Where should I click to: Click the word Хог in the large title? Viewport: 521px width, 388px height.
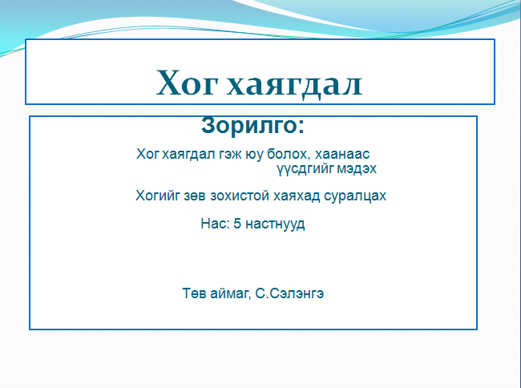[x=187, y=83]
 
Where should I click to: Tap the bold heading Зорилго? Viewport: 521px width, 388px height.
[x=252, y=126]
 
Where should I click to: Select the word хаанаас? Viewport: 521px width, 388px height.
[x=342, y=155]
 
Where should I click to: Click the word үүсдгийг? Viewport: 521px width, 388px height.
[x=305, y=169]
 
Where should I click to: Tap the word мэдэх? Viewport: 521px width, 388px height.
[x=357, y=169]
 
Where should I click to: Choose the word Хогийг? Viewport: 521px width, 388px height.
[x=158, y=196]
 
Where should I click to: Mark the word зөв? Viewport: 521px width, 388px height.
[x=195, y=196]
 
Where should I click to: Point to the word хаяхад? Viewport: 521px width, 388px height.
[x=297, y=196]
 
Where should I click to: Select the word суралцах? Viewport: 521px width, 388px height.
[x=355, y=196]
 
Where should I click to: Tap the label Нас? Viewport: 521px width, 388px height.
[x=216, y=224]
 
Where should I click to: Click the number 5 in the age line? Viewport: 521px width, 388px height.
[x=237, y=224]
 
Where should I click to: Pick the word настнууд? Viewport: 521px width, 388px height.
[x=275, y=224]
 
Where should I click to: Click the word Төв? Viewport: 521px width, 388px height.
[x=195, y=293]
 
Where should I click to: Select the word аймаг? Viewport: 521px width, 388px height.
[x=231, y=294]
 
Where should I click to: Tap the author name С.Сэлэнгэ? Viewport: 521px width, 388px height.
[x=289, y=293]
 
